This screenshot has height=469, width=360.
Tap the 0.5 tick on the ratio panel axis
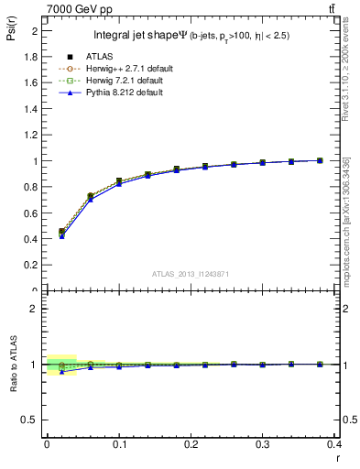tap(32, 420)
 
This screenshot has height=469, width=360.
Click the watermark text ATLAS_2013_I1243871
tap(191, 274)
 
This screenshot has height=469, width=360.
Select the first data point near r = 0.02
tap(61, 232)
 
